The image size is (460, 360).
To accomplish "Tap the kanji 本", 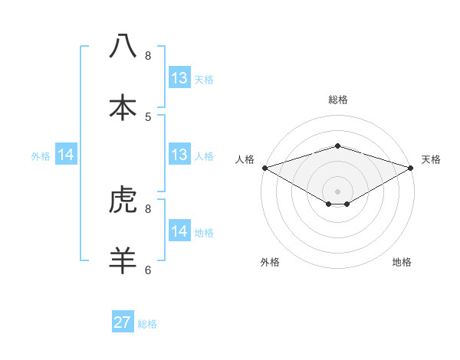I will pos(123,106).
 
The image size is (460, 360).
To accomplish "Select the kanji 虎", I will pos(123,201).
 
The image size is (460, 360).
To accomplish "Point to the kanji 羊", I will pos(123,260).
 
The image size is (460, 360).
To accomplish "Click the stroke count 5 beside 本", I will pos(148,116).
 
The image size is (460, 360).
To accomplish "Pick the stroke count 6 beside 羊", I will pos(148,270).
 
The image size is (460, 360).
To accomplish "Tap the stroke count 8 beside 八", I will pos(148,55).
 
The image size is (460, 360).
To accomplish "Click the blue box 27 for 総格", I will pos(123,322).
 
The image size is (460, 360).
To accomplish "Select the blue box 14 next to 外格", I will pos(66,155).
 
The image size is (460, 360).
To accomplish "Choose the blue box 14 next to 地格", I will pos(179,231).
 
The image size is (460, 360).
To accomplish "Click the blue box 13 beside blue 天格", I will pos(179,77).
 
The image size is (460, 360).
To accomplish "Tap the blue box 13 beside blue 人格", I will pos(179,155).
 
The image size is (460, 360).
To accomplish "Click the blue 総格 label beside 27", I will pos(147,324).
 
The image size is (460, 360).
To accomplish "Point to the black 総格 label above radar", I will pos(338,100).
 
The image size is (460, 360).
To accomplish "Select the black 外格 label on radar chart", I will pos(270,262).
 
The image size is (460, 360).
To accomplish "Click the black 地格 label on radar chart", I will pos(402,262).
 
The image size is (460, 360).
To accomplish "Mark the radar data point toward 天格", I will pos(412,167).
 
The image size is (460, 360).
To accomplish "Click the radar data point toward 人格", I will pos(264,167).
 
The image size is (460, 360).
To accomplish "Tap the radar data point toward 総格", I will pos(338,146).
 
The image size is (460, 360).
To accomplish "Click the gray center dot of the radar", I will pos(338,191).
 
